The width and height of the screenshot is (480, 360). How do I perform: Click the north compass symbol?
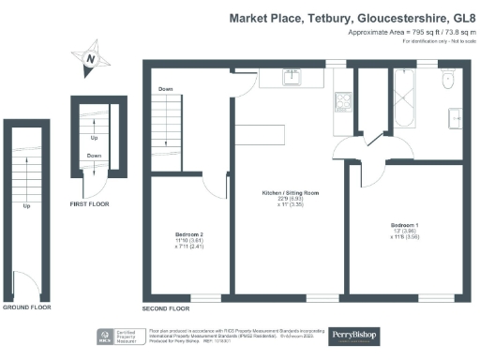point(91,57)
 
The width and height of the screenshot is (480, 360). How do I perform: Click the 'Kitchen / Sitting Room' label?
point(290,193)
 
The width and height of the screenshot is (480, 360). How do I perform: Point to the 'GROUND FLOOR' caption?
point(25,307)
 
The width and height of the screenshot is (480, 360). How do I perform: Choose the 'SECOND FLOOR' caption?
point(166,308)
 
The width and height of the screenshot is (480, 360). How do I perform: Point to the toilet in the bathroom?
point(448,74)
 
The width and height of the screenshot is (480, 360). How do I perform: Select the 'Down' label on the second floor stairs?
point(165,90)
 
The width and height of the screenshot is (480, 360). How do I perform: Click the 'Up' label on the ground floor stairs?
point(26,205)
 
